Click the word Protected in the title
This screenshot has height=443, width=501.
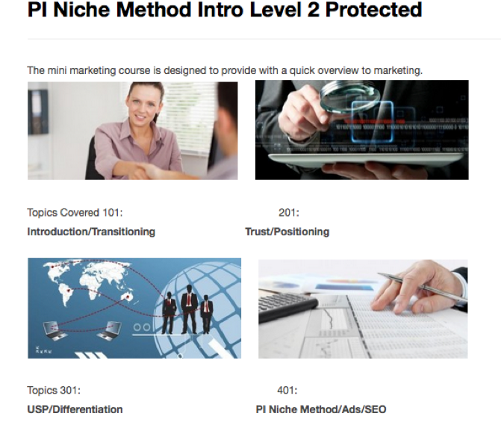tap(373, 10)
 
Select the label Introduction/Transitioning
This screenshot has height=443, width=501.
tap(91, 232)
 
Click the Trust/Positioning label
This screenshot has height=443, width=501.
tap(287, 232)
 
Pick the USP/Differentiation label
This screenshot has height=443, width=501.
tap(75, 409)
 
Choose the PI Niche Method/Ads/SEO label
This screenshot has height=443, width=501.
tap(321, 409)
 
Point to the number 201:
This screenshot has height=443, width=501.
tap(289, 213)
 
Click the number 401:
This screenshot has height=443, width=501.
tap(287, 390)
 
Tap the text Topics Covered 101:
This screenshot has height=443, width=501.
tap(75, 213)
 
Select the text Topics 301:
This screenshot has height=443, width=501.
tap(54, 390)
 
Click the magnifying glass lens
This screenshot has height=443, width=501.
tap(350, 95)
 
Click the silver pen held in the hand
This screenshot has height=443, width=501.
tap(423, 286)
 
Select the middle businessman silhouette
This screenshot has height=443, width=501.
tap(189, 309)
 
